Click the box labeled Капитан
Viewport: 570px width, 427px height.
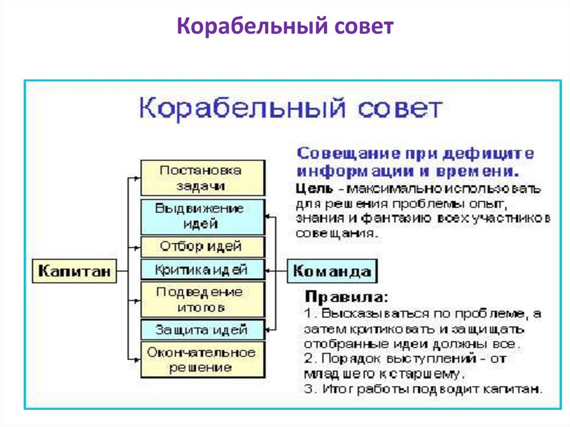click(x=74, y=272)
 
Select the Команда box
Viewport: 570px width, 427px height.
click(x=332, y=272)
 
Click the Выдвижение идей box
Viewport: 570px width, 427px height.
click(x=201, y=217)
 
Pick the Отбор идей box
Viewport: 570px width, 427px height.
click(x=201, y=246)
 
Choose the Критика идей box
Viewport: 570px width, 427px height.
click(x=201, y=270)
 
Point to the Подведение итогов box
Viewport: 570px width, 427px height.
click(x=201, y=299)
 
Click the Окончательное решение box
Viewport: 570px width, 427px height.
click(x=201, y=360)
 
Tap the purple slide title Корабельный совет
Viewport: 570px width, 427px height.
click(x=285, y=27)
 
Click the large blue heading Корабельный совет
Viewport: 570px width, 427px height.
click(x=291, y=108)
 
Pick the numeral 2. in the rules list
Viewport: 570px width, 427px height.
click(x=309, y=359)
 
